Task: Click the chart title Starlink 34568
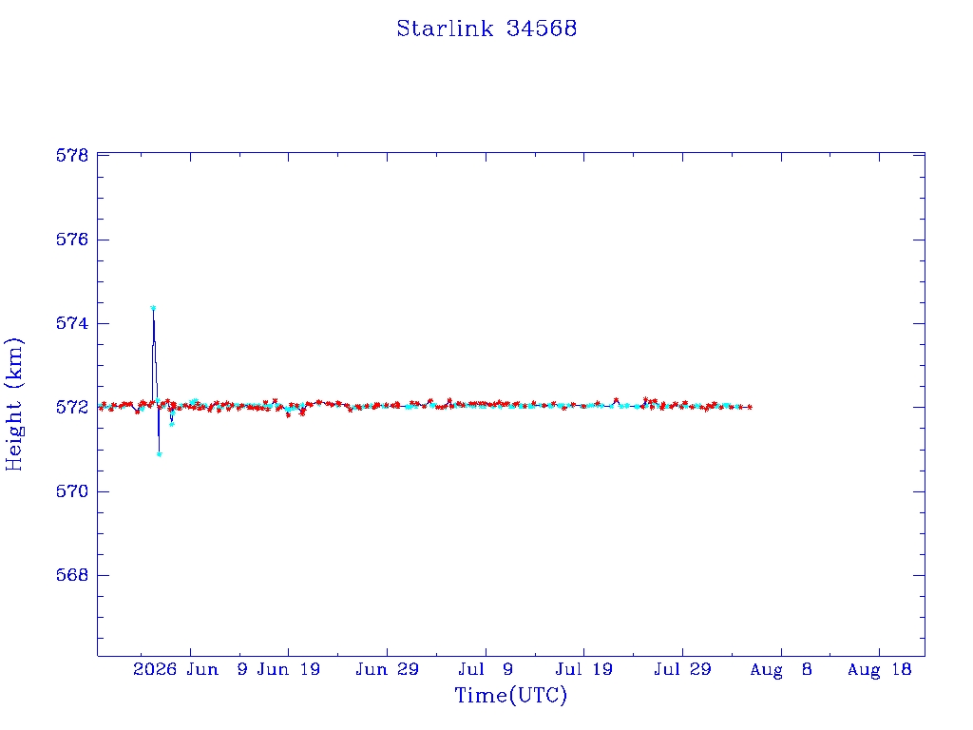pos(486,29)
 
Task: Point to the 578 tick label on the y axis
pos(72,155)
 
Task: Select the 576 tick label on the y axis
pos(72,240)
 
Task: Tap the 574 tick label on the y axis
pos(72,323)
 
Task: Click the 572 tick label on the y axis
pos(72,407)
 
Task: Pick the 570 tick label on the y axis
pos(72,491)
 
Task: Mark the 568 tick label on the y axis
pos(72,575)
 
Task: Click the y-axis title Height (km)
pos(14,404)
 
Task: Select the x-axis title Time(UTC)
pos(510,695)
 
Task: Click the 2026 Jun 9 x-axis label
pos(190,669)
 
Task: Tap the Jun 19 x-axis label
pos(289,669)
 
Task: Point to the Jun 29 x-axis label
pos(388,669)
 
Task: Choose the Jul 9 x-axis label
pos(486,669)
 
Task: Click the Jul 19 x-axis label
pos(584,669)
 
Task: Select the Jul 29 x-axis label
pos(682,669)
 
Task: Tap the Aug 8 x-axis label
pos(781,669)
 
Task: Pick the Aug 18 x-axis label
pos(879,669)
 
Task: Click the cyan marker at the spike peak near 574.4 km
pos(153,307)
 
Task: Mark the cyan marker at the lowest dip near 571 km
pos(159,454)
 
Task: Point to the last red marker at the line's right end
pos(750,407)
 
